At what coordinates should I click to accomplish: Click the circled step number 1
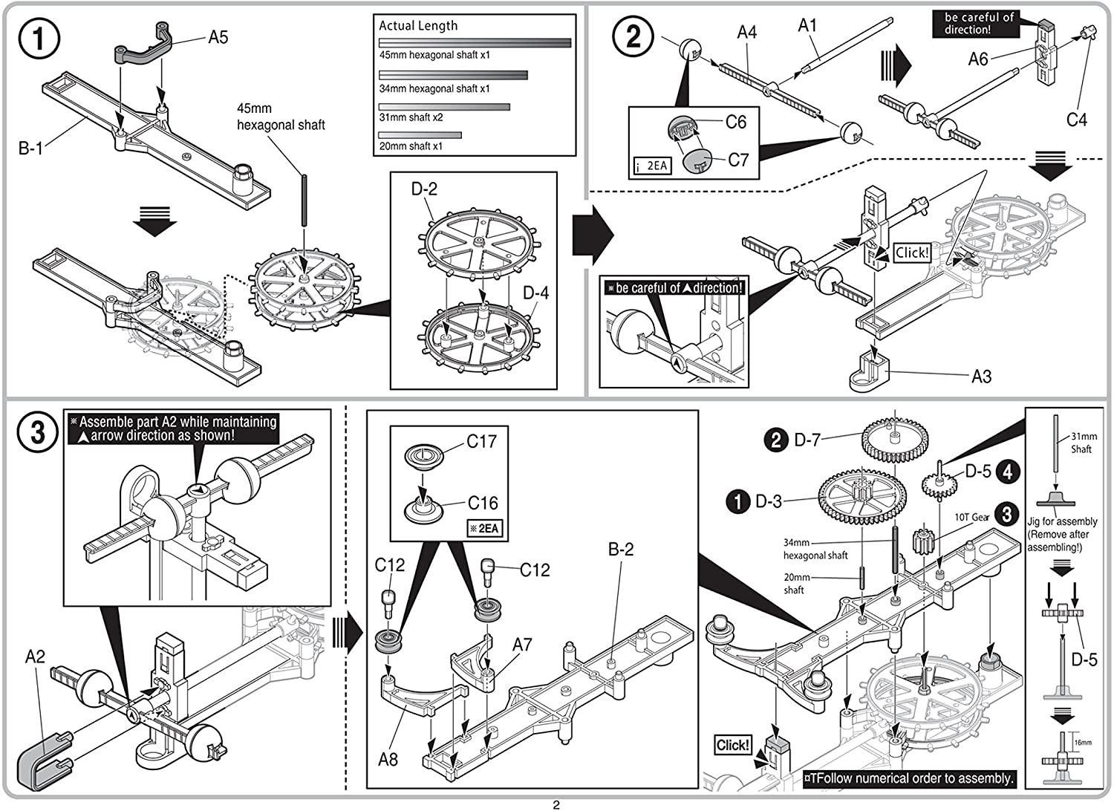click(x=38, y=39)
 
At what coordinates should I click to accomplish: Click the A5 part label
click(x=218, y=37)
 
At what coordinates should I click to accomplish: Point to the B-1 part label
click(x=30, y=149)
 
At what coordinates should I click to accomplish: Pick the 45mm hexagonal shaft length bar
click(x=475, y=43)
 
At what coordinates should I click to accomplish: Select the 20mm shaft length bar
click(x=420, y=135)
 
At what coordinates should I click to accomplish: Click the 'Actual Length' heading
click(x=418, y=26)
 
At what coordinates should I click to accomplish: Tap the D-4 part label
click(x=535, y=293)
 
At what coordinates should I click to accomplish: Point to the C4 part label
click(x=1076, y=120)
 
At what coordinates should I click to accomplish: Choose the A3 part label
click(x=981, y=377)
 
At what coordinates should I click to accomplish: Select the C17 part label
click(x=481, y=442)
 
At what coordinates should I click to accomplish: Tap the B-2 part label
click(x=621, y=550)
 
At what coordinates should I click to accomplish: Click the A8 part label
click(x=388, y=759)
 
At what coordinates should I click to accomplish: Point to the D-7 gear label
click(x=807, y=440)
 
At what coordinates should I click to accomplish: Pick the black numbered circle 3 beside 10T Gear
click(x=1006, y=515)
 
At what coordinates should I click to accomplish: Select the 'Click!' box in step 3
click(x=733, y=745)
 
